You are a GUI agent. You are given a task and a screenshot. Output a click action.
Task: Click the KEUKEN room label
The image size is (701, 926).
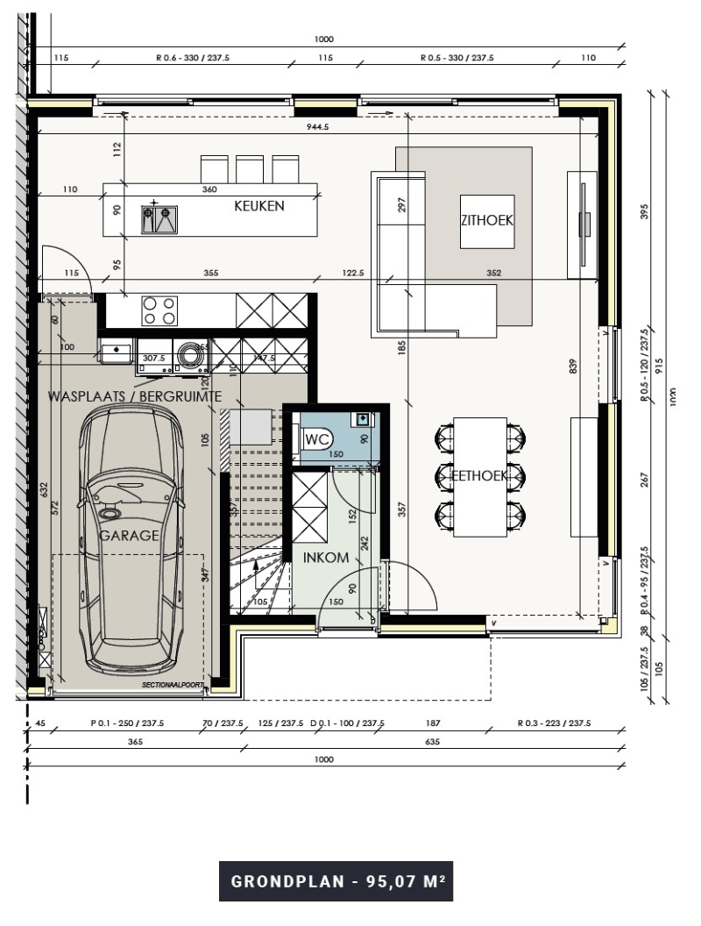[x=258, y=207]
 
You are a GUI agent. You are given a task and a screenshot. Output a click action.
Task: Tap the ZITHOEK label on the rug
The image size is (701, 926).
[x=486, y=221]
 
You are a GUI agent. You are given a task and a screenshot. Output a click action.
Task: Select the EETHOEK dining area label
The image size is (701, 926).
[x=478, y=475]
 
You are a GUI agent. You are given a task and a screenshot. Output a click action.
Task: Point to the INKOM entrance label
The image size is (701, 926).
[x=326, y=557]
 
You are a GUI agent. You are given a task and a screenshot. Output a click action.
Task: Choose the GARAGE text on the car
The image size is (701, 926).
[x=129, y=535]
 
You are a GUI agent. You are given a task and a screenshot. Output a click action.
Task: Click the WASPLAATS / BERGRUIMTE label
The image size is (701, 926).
[x=133, y=397]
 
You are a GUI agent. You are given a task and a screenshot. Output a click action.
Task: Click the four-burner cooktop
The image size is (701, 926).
[x=159, y=310]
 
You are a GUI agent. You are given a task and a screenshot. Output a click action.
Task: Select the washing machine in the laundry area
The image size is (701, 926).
[x=188, y=354]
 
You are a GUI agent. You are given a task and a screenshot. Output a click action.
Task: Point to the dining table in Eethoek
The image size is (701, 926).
[x=480, y=475]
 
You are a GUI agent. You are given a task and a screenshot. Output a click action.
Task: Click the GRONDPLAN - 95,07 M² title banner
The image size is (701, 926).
[x=336, y=881]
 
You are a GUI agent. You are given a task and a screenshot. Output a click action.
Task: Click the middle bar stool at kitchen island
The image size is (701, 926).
[x=250, y=168]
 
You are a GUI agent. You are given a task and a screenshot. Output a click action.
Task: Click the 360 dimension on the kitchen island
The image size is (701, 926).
[x=209, y=189]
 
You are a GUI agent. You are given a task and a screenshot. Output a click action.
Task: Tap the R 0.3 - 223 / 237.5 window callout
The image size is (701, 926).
[x=554, y=723]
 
